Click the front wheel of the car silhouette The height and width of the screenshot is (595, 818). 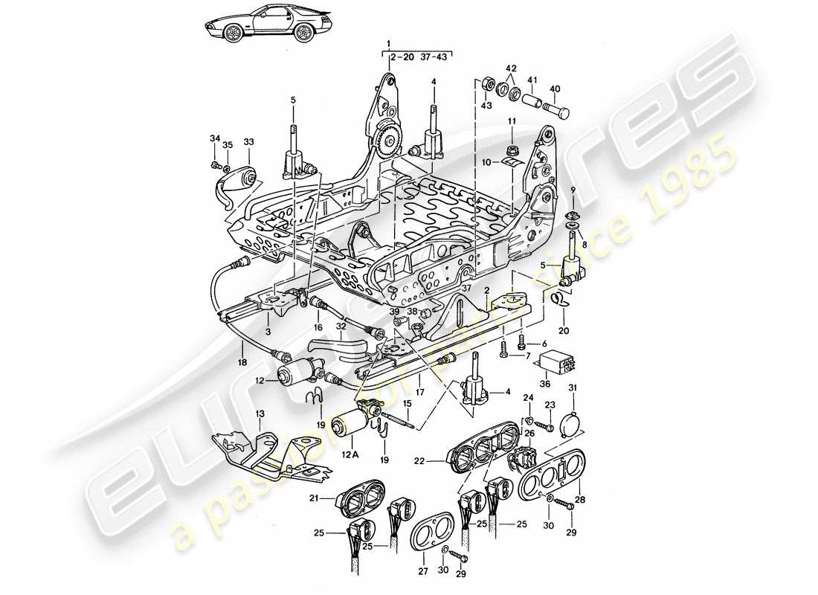(235, 33)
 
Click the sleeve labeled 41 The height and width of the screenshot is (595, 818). (531, 99)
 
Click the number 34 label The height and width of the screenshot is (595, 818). (214, 138)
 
